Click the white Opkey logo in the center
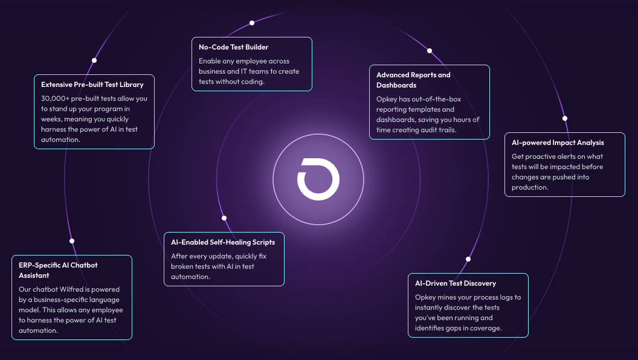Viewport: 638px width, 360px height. [318, 179]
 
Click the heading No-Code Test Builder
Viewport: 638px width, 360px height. [234, 47]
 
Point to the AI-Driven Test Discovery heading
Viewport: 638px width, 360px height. [456, 283]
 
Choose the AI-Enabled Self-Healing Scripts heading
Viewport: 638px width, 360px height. [223, 242]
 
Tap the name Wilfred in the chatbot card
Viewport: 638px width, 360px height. [75, 289]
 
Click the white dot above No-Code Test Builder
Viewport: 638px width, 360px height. [252, 23]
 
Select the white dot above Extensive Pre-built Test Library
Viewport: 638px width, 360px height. [94, 60]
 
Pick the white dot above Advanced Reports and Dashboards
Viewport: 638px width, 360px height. [430, 51]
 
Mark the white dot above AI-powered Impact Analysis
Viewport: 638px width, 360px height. [565, 118]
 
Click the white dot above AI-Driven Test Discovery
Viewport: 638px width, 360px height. [468, 259]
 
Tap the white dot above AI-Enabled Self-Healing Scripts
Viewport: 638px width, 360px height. [224, 218]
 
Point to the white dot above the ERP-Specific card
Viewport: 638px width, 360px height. [72, 241]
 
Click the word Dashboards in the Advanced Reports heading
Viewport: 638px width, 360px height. [396, 85]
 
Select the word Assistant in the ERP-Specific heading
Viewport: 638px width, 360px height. [34, 275]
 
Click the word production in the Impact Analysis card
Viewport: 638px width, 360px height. [530, 187]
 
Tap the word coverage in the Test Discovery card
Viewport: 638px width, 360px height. [487, 328]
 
